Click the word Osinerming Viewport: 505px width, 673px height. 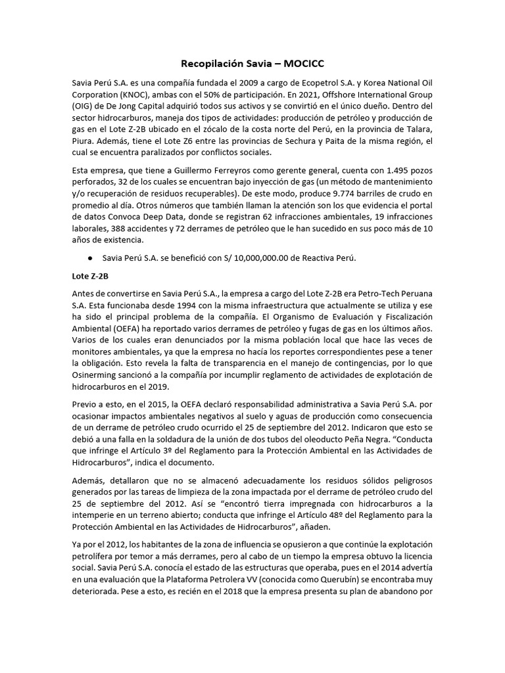tap(100, 375)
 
